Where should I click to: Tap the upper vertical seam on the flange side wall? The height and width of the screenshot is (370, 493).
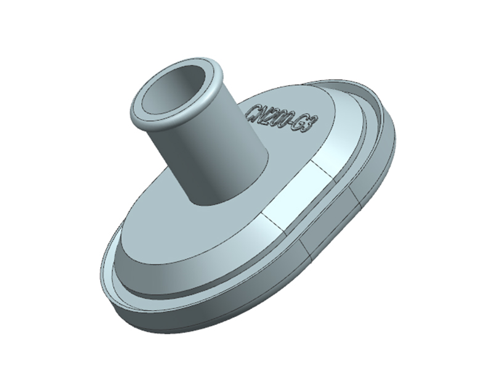pos(356,197)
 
